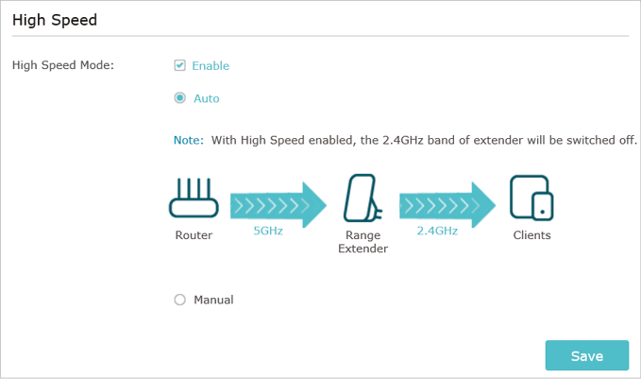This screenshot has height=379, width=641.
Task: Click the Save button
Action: point(586,355)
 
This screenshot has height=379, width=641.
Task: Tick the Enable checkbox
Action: point(180,65)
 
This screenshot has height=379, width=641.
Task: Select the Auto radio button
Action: point(180,98)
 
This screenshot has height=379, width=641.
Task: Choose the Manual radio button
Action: point(180,300)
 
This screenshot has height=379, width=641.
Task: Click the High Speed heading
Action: point(55,20)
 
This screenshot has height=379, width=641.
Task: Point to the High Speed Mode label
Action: point(63,65)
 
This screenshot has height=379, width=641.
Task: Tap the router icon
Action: point(194,198)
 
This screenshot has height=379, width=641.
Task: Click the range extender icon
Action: point(363,198)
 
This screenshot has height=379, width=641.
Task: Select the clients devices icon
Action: point(531,198)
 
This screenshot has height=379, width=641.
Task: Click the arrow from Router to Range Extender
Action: point(278,205)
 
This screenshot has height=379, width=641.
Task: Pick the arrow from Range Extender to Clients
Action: point(447,205)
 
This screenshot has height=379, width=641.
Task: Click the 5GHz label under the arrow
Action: point(268,231)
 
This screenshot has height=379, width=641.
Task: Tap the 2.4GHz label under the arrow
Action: point(437,231)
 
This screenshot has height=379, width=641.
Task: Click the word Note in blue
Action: point(189,141)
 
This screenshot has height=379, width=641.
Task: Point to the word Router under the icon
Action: point(194,235)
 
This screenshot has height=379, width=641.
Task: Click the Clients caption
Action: point(531,235)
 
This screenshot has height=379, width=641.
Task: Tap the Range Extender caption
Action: point(363,242)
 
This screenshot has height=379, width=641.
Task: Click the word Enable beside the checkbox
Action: point(211,66)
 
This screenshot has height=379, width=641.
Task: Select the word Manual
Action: point(213,300)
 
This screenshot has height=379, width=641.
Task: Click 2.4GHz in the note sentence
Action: point(403,141)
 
